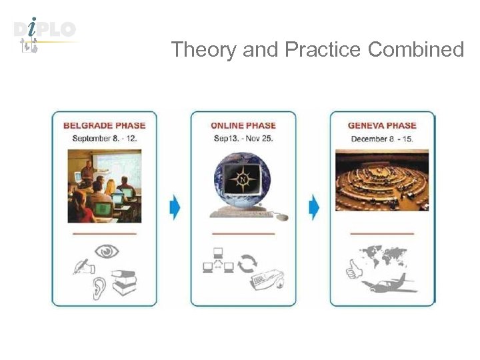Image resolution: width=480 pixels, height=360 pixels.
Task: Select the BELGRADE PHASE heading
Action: pos(104,125)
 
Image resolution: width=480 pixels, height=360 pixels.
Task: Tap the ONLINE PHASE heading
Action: pos(243,125)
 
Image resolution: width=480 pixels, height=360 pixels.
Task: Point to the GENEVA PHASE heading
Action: pos(382,125)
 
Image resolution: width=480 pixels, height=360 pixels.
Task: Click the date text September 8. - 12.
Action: pos(104,139)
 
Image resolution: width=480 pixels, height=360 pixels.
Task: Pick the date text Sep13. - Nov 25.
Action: pos(243,139)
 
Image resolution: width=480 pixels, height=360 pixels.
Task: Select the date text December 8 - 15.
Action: pos(382,139)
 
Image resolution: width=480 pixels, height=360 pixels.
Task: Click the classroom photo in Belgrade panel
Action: pos(104,185)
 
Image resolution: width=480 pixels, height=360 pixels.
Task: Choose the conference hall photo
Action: pos(382,180)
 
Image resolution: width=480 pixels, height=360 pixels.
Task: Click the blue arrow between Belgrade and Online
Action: pos(175,207)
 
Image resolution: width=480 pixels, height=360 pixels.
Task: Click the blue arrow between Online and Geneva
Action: pos(314,207)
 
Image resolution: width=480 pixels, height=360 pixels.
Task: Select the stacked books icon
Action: pos(124,283)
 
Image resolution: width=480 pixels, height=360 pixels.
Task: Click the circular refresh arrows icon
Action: pos(247,263)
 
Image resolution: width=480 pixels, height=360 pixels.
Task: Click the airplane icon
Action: pos(389,285)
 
